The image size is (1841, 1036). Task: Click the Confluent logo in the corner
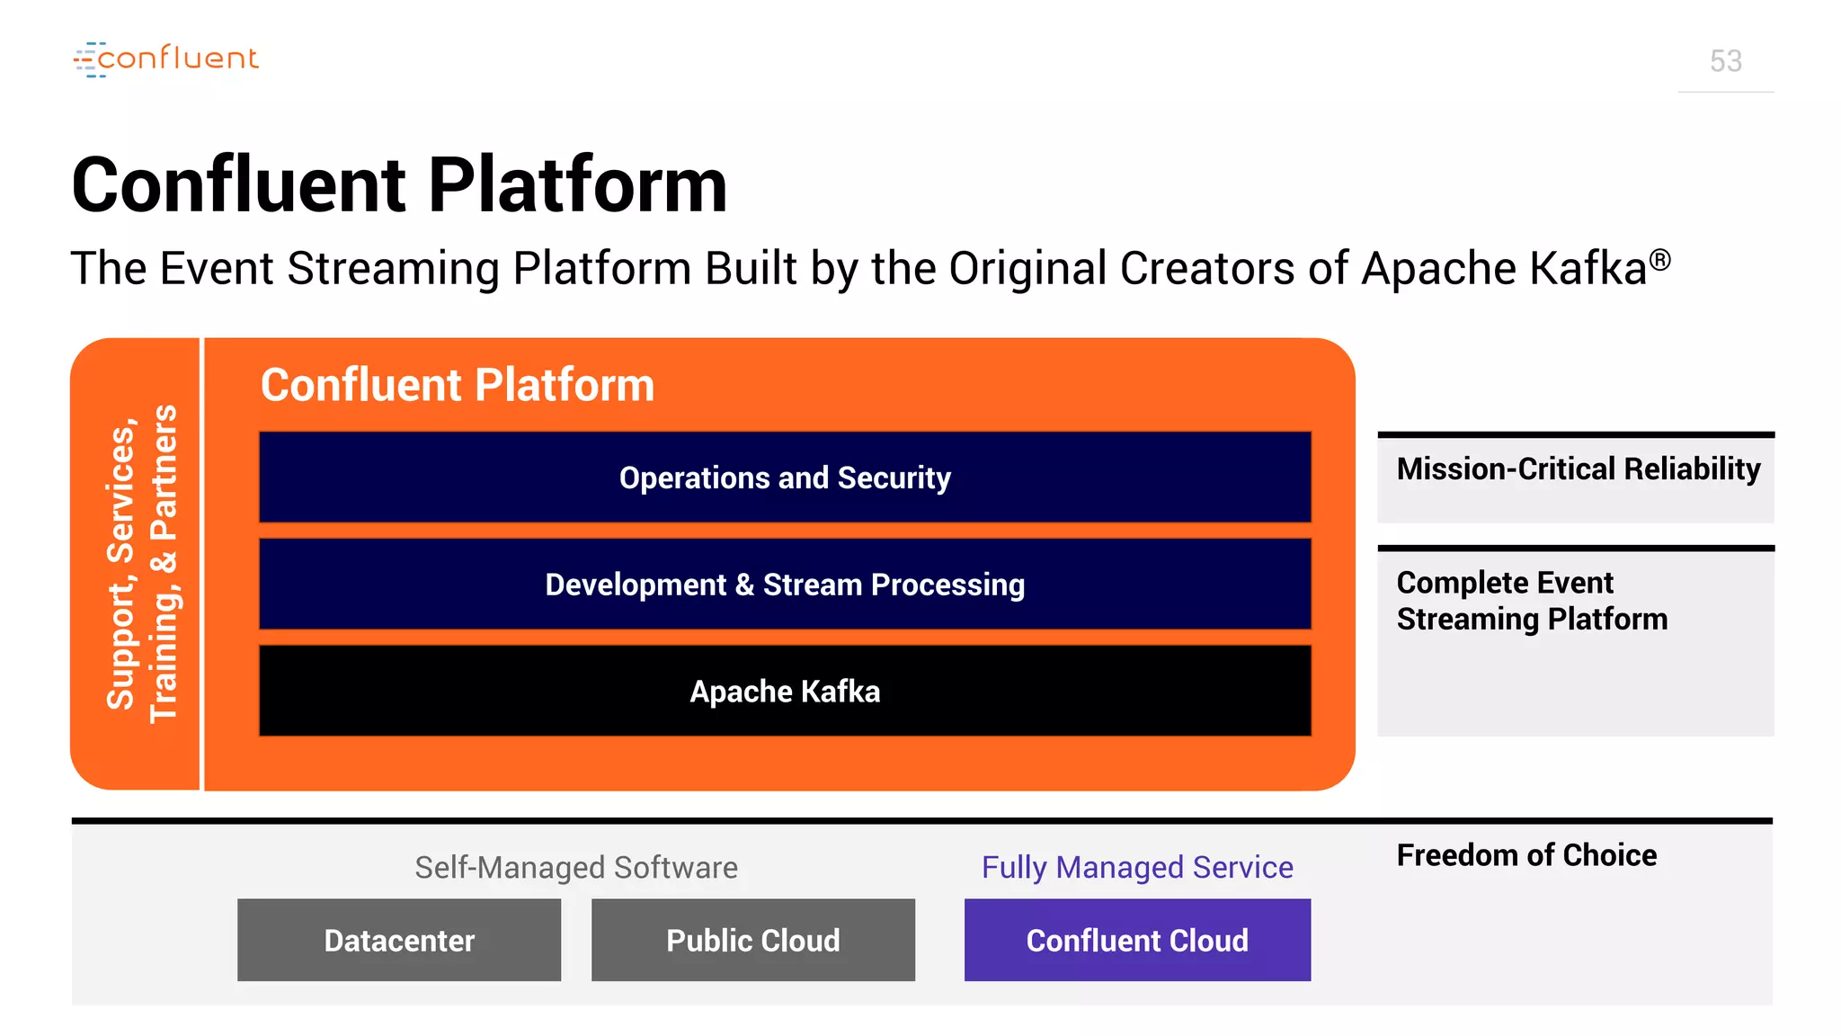click(166, 59)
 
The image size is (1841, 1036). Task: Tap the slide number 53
click(1725, 61)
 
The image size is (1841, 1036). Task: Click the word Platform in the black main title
click(577, 185)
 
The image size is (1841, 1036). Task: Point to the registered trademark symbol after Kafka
click(1660, 260)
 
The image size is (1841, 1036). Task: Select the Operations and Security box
click(785, 478)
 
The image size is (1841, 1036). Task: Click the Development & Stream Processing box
click(785, 585)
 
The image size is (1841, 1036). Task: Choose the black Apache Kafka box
click(785, 691)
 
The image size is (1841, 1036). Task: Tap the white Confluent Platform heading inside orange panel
click(457, 385)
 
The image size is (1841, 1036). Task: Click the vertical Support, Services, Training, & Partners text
click(141, 564)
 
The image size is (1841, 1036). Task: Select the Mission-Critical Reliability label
click(1578, 469)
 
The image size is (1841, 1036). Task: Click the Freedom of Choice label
click(1525, 855)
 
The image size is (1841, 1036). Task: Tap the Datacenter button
click(399, 940)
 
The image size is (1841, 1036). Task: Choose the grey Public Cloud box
click(752, 940)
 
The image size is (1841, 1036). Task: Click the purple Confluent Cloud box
click(1137, 940)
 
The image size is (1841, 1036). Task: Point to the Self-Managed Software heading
click(575, 868)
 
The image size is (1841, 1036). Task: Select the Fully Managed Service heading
click(1137, 868)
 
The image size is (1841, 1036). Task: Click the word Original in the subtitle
click(1027, 269)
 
